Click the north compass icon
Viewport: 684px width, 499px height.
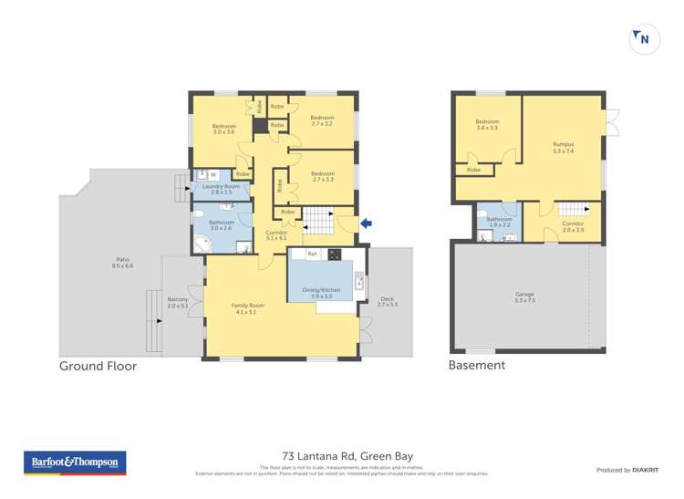[643, 38]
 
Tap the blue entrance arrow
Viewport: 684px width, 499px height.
[367, 222]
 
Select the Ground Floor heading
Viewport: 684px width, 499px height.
[98, 366]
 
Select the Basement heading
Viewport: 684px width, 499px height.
[476, 366]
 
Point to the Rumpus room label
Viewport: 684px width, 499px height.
[563, 147]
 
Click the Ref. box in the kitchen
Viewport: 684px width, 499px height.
[312, 254]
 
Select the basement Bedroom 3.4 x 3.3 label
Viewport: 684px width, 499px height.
[486, 125]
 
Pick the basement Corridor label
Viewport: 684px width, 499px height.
[573, 226]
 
